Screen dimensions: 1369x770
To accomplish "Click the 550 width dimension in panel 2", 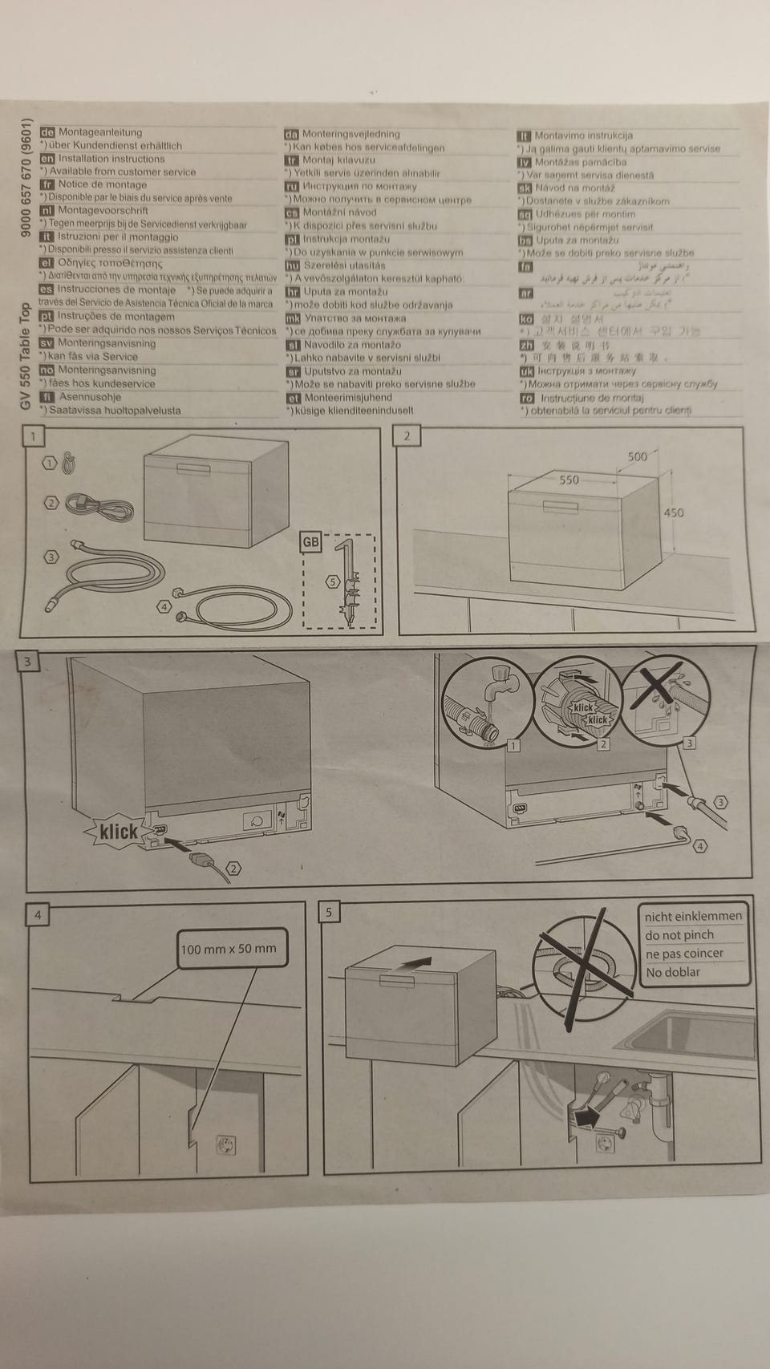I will tap(569, 480).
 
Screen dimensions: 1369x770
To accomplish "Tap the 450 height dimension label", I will tap(674, 512).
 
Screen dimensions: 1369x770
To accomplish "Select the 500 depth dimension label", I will tap(637, 456).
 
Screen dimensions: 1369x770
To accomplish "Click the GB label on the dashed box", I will tap(310, 542).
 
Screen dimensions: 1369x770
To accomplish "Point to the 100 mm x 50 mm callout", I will tap(229, 949).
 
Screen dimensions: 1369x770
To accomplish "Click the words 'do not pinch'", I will tap(679, 935).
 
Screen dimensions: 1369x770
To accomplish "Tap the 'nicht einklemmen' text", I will tap(694, 916).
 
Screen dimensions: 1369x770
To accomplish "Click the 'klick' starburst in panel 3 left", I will tap(119, 832).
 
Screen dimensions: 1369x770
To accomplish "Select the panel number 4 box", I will tap(36, 914).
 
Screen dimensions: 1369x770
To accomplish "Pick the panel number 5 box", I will tap(329, 913).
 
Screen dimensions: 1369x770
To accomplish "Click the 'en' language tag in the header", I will tap(47, 159).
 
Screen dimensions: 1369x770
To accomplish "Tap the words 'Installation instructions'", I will tap(111, 159).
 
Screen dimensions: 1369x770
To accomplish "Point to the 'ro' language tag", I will tap(526, 398).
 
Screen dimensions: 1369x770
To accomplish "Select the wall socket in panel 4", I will tap(226, 1145).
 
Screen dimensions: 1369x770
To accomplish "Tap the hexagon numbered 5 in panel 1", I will tap(333, 581).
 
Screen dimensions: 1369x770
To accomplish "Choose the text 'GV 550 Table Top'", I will tap(26, 357).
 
